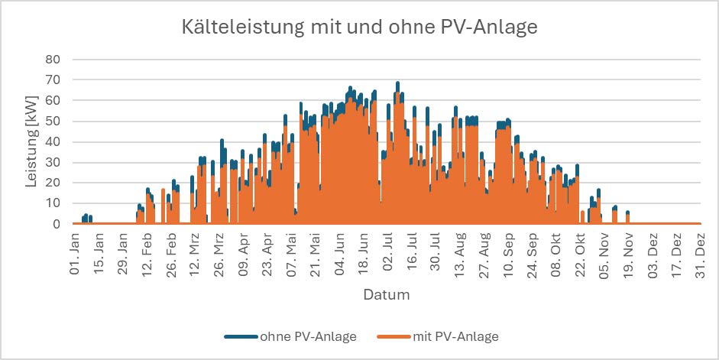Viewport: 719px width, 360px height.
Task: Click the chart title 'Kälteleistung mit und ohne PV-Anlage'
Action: pos(359,28)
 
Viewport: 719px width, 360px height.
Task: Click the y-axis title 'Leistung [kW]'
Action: pos(32,141)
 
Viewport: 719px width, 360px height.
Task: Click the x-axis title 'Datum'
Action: pos(386,294)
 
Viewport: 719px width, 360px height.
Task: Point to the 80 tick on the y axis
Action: pos(54,59)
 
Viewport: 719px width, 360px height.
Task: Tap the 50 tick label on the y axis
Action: pos(54,121)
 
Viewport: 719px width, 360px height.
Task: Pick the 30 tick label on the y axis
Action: pos(54,162)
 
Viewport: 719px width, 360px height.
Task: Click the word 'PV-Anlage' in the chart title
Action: pos(492,28)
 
